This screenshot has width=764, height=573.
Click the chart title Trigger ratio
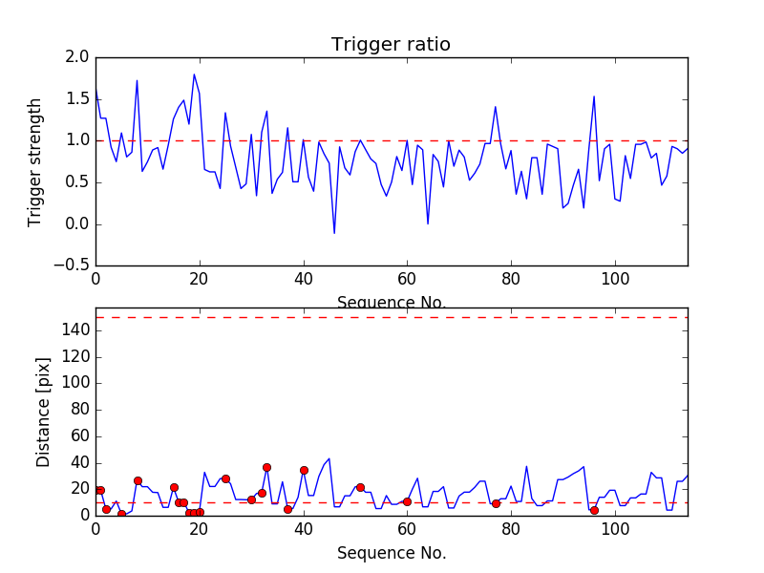click(x=391, y=45)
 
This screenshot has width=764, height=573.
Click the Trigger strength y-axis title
click(x=35, y=162)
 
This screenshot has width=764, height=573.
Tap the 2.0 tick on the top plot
click(x=78, y=57)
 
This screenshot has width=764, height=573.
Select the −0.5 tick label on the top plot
click(x=72, y=265)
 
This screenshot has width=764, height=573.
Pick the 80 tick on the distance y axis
click(x=78, y=410)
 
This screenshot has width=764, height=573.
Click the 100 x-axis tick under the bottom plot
click(x=615, y=528)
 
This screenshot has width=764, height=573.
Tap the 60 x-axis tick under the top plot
click(x=407, y=279)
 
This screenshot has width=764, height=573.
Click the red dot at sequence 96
click(x=594, y=510)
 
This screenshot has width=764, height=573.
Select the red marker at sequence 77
click(x=496, y=503)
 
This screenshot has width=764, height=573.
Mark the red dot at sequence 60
click(x=407, y=501)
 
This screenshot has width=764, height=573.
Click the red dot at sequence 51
click(x=360, y=487)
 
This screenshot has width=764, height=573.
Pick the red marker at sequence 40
click(x=304, y=470)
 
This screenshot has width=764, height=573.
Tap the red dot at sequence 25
click(x=225, y=478)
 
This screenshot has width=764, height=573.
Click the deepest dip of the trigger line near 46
click(x=334, y=233)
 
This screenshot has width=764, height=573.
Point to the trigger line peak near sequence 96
click(x=594, y=96)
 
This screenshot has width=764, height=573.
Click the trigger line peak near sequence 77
click(x=496, y=106)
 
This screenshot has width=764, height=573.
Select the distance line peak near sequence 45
click(x=329, y=458)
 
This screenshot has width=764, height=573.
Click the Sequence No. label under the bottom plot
click(x=391, y=553)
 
